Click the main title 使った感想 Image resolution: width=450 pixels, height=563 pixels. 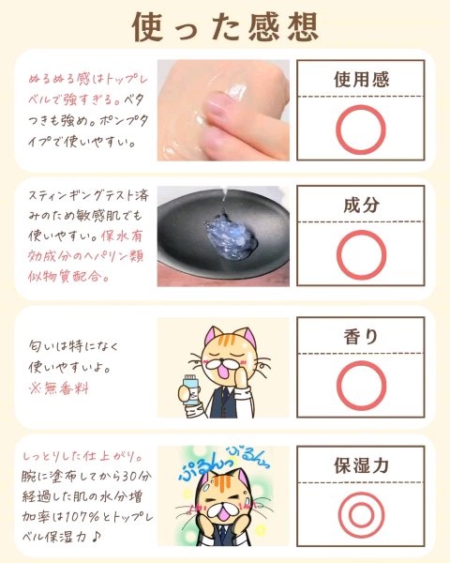(225, 27)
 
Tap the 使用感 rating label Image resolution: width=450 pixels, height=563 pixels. (361, 80)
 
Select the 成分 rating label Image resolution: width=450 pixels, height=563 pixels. (361, 205)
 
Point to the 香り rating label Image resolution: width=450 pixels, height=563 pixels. (361, 337)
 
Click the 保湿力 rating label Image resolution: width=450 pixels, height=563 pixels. (361, 465)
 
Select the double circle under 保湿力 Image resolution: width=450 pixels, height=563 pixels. (339, 515)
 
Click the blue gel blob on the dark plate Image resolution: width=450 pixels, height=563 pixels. (231, 236)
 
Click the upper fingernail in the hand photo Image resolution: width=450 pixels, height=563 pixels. (217, 104)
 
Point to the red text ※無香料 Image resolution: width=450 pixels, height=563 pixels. (59, 388)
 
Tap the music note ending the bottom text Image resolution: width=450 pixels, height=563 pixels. (96, 537)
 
